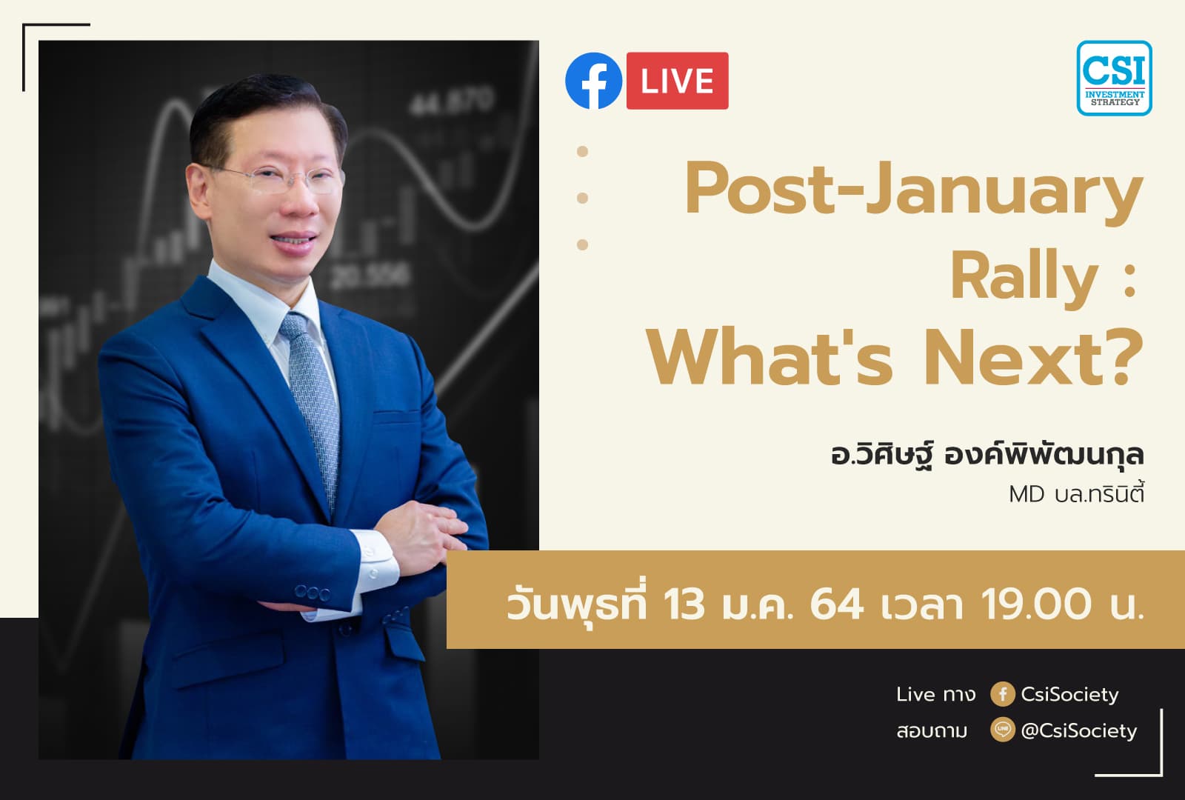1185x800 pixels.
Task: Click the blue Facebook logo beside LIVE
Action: point(593,81)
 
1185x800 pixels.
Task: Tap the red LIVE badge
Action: point(677,81)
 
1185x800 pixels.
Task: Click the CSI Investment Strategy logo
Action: point(1114,78)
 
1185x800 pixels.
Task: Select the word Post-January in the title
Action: point(913,191)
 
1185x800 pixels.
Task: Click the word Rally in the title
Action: point(1024,278)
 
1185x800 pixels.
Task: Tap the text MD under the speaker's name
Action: point(1027,494)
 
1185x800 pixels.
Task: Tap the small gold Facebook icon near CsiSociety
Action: point(1002,694)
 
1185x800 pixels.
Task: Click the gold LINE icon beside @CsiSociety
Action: point(1002,730)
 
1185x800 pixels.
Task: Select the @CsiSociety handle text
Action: point(1078,730)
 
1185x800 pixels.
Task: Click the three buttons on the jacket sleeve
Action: point(312,593)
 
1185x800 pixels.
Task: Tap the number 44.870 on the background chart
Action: point(453,101)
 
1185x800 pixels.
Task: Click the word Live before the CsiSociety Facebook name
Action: point(915,694)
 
